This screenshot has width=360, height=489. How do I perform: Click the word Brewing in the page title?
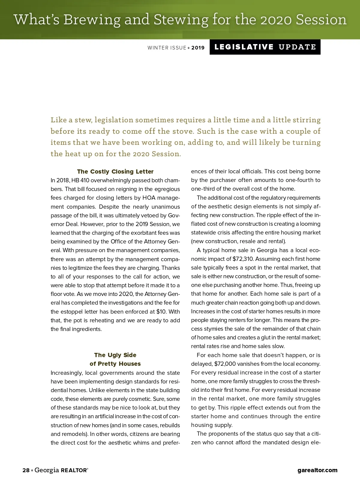92,20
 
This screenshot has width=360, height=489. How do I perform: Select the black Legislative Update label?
265,47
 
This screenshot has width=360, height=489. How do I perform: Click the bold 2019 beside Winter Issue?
198,48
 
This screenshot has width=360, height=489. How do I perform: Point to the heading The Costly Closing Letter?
115,171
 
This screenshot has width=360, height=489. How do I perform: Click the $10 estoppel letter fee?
161,312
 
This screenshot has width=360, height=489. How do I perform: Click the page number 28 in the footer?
26,470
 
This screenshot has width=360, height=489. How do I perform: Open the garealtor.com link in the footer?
317,470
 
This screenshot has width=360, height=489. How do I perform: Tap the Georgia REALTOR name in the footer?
61,470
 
